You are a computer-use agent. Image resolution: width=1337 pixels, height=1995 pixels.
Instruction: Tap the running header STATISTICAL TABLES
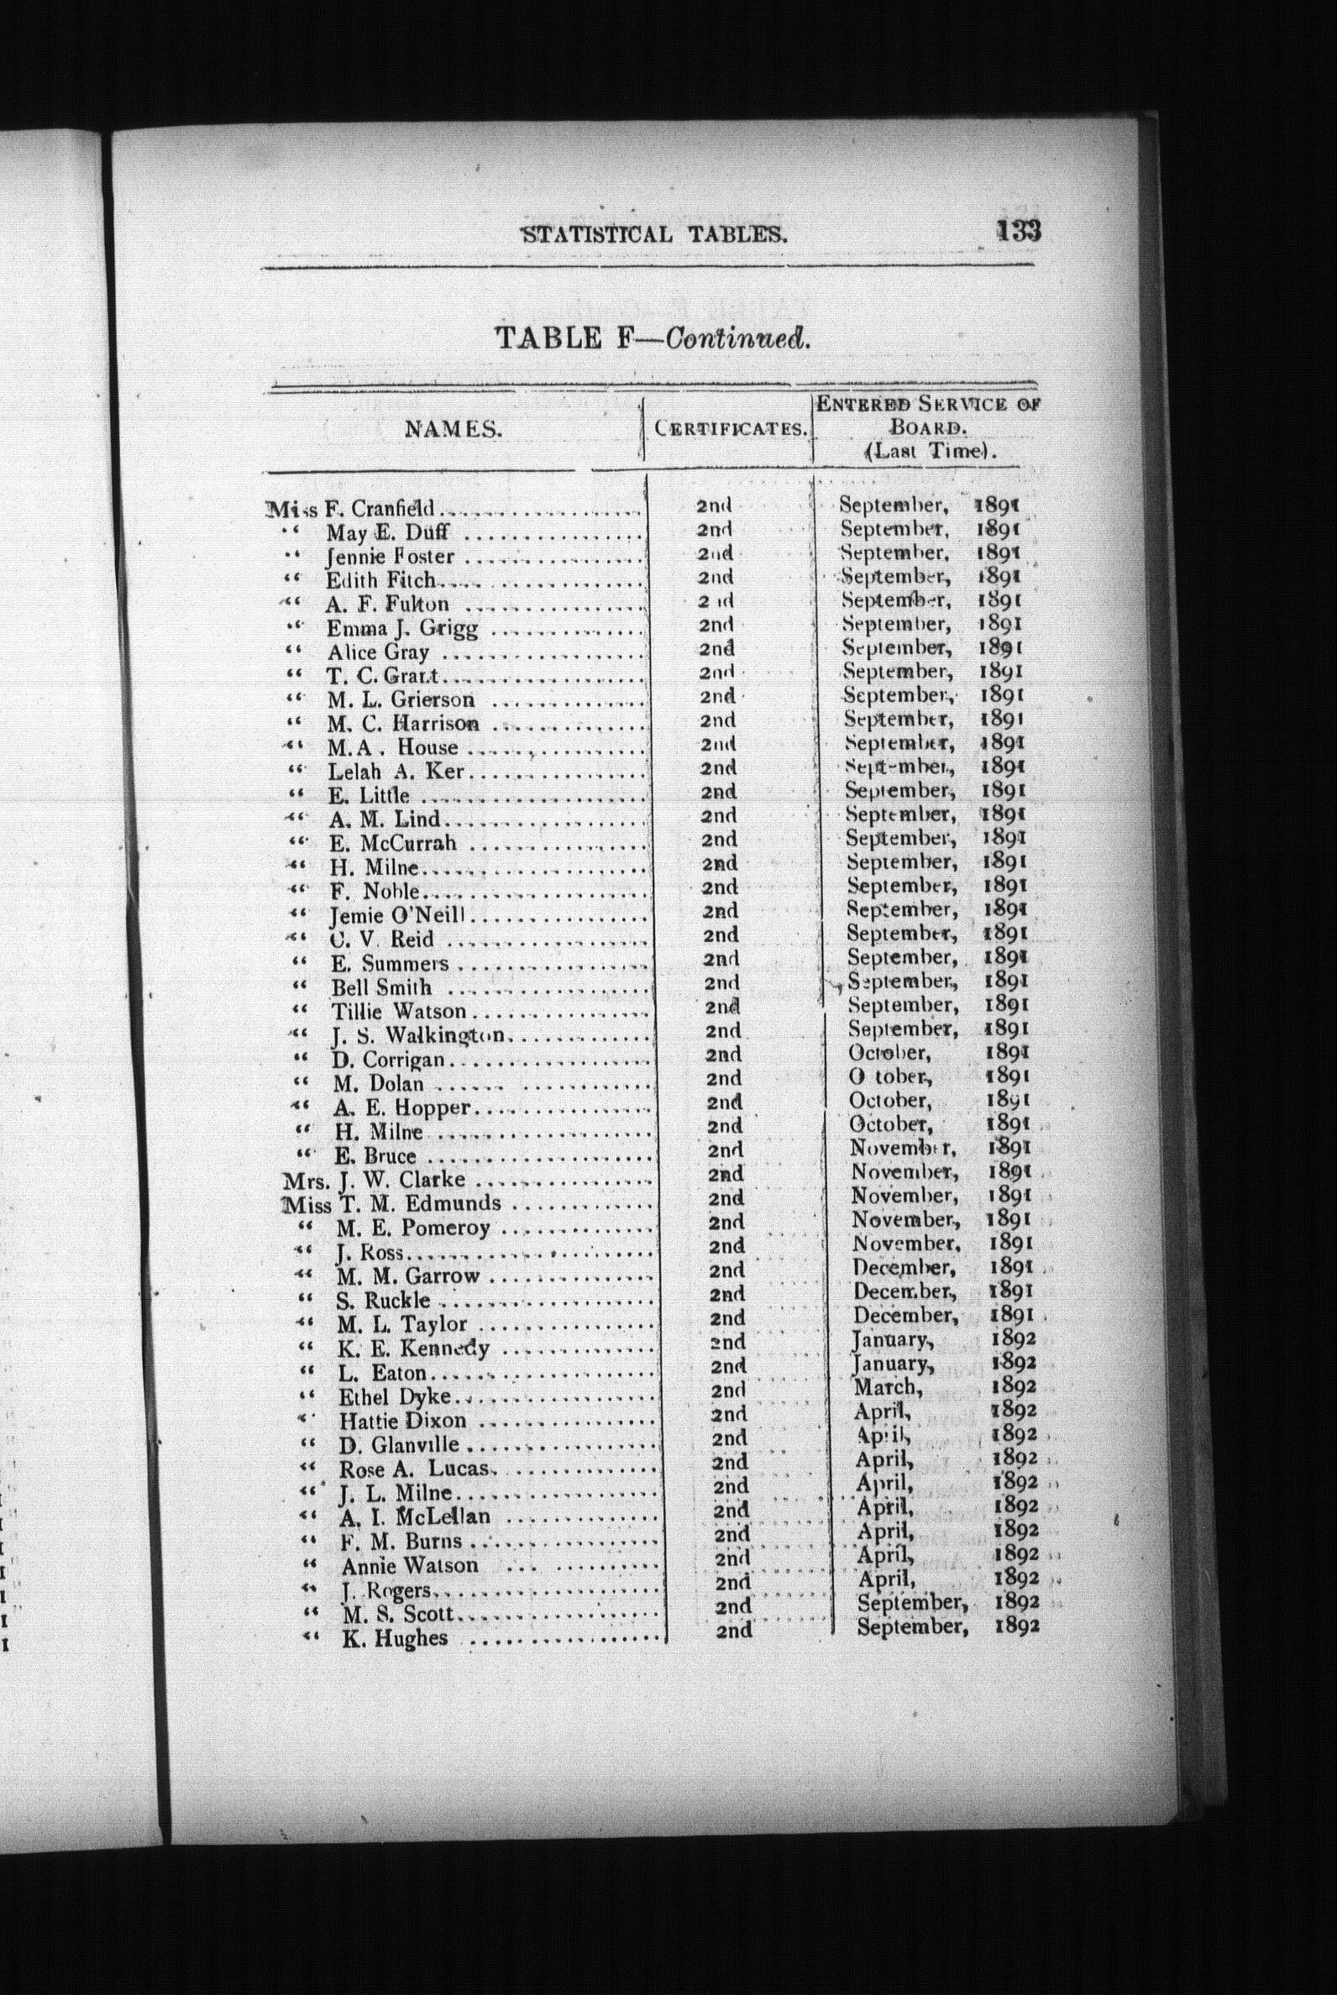pyautogui.click(x=653, y=233)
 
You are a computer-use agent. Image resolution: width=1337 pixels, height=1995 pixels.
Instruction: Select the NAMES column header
pyautogui.click(x=452, y=430)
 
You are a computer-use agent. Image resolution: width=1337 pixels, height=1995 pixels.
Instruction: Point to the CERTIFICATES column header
pyautogui.click(x=731, y=428)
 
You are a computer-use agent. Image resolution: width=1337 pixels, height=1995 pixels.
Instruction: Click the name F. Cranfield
pyautogui.click(x=380, y=510)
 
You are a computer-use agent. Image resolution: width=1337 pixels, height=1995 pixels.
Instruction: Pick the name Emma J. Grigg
pyautogui.click(x=402, y=629)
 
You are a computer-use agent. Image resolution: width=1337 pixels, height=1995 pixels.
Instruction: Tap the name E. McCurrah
pyautogui.click(x=393, y=843)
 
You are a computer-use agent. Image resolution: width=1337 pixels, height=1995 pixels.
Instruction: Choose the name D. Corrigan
pyautogui.click(x=389, y=1060)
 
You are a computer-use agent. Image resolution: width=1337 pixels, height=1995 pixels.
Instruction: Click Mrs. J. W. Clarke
pyautogui.click(x=375, y=1180)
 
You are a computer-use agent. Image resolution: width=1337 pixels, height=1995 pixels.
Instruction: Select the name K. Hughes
pyautogui.click(x=395, y=1638)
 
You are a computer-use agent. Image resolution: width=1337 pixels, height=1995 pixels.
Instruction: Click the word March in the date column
pyautogui.click(x=887, y=1386)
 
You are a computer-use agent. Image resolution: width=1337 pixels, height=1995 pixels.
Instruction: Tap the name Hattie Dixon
pyautogui.click(x=403, y=1421)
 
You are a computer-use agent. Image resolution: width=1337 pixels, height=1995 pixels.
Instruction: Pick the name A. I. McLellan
pyautogui.click(x=415, y=1516)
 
